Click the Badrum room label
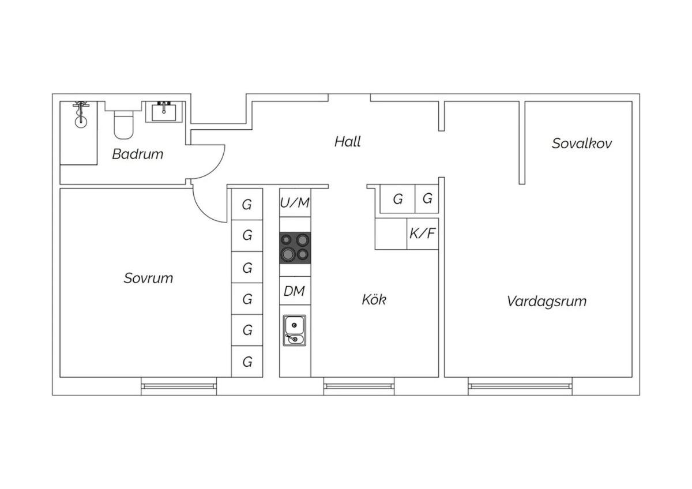click(137, 154)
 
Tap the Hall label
click(347, 141)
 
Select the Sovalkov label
click(581, 144)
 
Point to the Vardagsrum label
click(546, 301)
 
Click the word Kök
click(374, 300)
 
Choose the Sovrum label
click(148, 278)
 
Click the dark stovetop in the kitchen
click(295, 247)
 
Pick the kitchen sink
click(294, 330)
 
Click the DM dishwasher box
click(294, 292)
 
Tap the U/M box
click(295, 203)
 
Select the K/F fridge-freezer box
click(422, 234)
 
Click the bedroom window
click(179, 386)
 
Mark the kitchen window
click(359, 386)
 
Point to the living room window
click(520, 386)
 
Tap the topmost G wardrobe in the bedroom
click(247, 204)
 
